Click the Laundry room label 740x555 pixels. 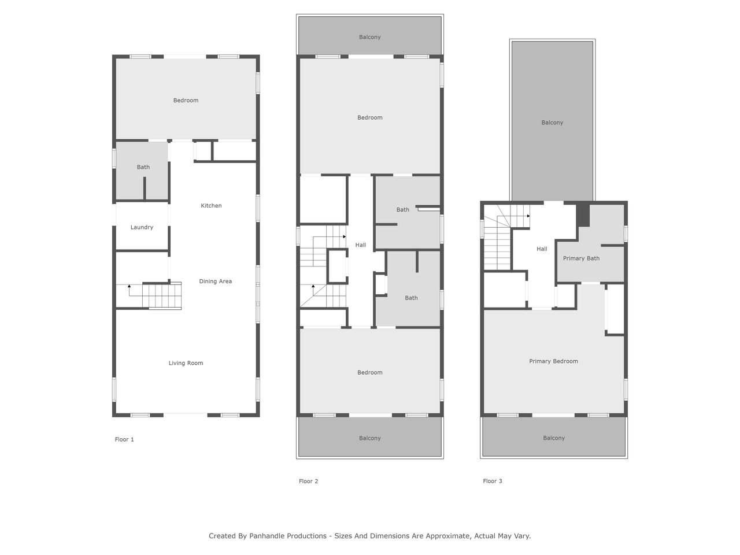[142, 227]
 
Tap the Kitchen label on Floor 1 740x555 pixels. [211, 206]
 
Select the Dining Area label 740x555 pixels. [216, 282]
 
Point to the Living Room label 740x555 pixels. [186, 363]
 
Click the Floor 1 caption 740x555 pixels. [124, 439]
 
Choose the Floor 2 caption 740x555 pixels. [308, 481]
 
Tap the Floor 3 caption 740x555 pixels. [492, 481]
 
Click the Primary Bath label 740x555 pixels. [581, 258]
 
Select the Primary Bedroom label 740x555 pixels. [553, 361]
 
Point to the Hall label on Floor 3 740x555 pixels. [542, 249]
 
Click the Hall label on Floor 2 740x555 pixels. [360, 245]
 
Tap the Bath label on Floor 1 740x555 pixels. [143, 167]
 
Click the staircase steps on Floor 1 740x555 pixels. [162, 295]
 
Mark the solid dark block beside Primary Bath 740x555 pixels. [583, 215]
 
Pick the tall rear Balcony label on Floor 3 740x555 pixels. [552, 123]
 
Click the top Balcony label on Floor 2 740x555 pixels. [370, 37]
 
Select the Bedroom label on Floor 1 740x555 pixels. [186, 101]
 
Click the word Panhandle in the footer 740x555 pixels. [287, 536]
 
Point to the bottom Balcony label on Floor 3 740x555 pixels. [554, 438]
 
